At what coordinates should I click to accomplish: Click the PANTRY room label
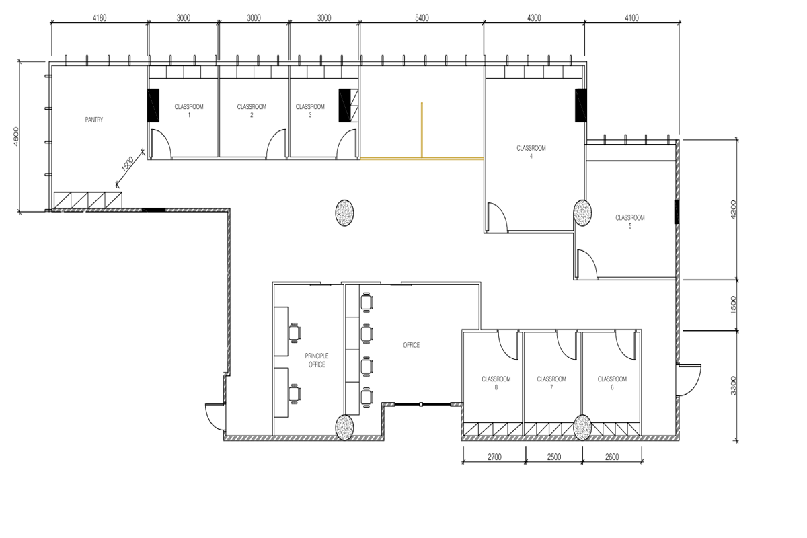94,120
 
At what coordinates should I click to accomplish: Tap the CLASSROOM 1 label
188,110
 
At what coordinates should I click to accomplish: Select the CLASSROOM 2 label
252,110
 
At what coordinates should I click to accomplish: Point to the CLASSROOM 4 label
531,151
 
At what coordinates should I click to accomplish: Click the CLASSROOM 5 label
630,221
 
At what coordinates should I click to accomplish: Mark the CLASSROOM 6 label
612,383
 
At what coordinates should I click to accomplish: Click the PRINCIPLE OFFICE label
317,360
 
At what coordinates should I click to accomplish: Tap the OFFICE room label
412,345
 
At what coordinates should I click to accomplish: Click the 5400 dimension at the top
421,18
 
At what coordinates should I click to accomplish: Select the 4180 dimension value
100,18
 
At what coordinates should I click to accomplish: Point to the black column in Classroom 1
153,106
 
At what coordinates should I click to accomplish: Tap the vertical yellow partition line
422,130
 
